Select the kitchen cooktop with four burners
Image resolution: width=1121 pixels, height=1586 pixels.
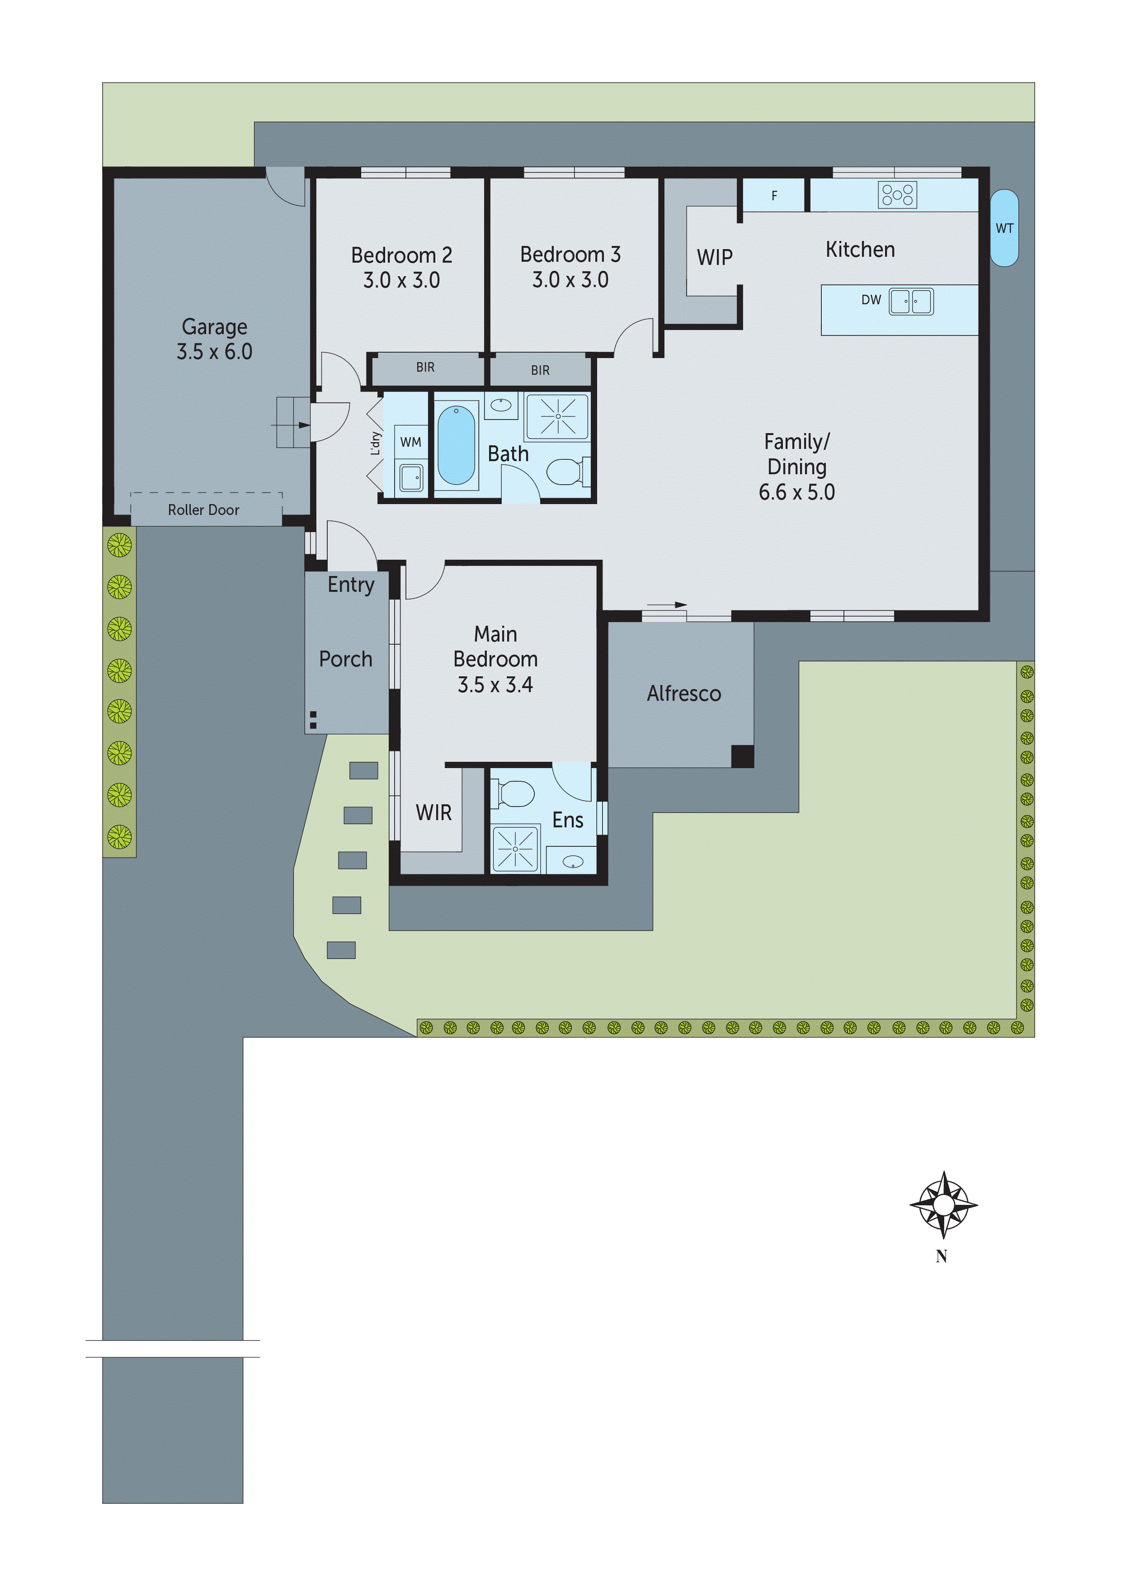897,195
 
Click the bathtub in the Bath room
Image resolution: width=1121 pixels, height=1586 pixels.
456,445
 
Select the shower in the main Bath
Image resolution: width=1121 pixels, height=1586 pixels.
557,416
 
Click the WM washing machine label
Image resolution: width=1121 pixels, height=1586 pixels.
410,442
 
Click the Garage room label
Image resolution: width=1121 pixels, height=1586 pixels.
214,327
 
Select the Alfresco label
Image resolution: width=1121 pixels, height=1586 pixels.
684,694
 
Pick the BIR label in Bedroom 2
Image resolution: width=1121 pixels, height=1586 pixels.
425,368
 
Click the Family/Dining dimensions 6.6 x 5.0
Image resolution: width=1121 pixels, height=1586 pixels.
796,492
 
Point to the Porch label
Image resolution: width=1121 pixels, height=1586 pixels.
345,659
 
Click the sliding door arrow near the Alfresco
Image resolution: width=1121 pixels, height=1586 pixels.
667,604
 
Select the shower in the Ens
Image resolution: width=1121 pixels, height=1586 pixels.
514,848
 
